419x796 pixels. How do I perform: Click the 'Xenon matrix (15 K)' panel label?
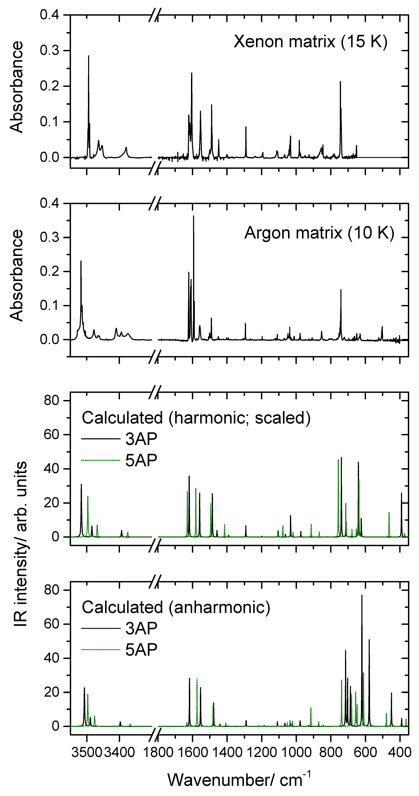[310, 41]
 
